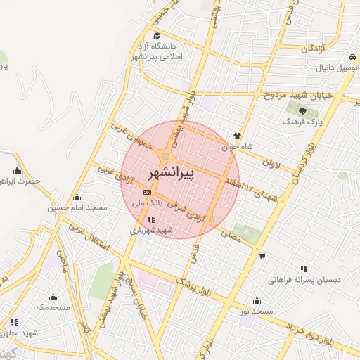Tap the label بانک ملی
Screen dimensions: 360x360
pyautogui.click(x=148, y=202)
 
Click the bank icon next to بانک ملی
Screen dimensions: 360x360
pyautogui.click(x=147, y=192)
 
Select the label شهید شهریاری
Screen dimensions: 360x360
pyautogui.click(x=150, y=230)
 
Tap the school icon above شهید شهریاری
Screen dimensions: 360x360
pyautogui.click(x=151, y=219)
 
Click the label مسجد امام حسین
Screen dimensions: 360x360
pyautogui.click(x=77, y=208)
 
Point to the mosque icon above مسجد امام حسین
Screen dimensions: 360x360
pyautogui.click(x=77, y=198)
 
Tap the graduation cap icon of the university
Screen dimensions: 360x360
pyautogui.click(x=156, y=36)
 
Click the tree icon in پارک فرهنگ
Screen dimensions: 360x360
pyautogui.click(x=302, y=110)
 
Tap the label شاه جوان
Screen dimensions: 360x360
pyautogui.click(x=237, y=148)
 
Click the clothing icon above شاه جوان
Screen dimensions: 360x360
pyautogui.click(x=237, y=136)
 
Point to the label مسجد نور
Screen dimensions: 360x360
pyautogui.click(x=255, y=311)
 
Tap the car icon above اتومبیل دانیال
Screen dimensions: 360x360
pyautogui.click(x=349, y=56)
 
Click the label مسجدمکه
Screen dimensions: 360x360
pyautogui.click(x=53, y=307)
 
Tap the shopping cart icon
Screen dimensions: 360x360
pyautogui.click(x=262, y=256)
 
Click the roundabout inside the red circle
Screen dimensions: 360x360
pyautogui.click(x=167, y=157)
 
